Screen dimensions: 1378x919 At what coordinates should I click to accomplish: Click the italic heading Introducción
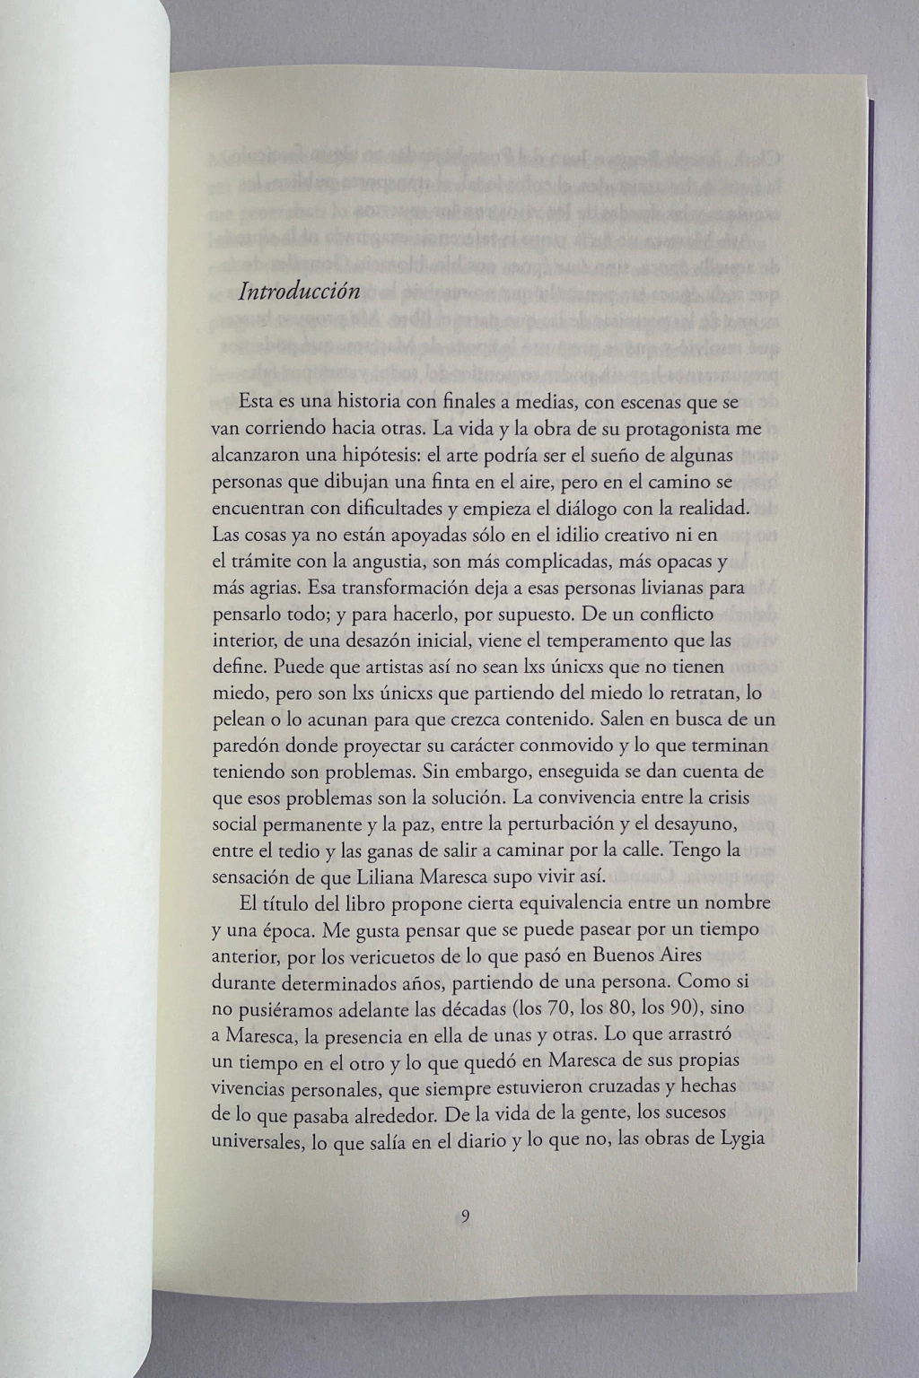pyautogui.click(x=299, y=292)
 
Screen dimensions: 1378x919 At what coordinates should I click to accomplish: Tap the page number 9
pyautogui.click(x=465, y=1217)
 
